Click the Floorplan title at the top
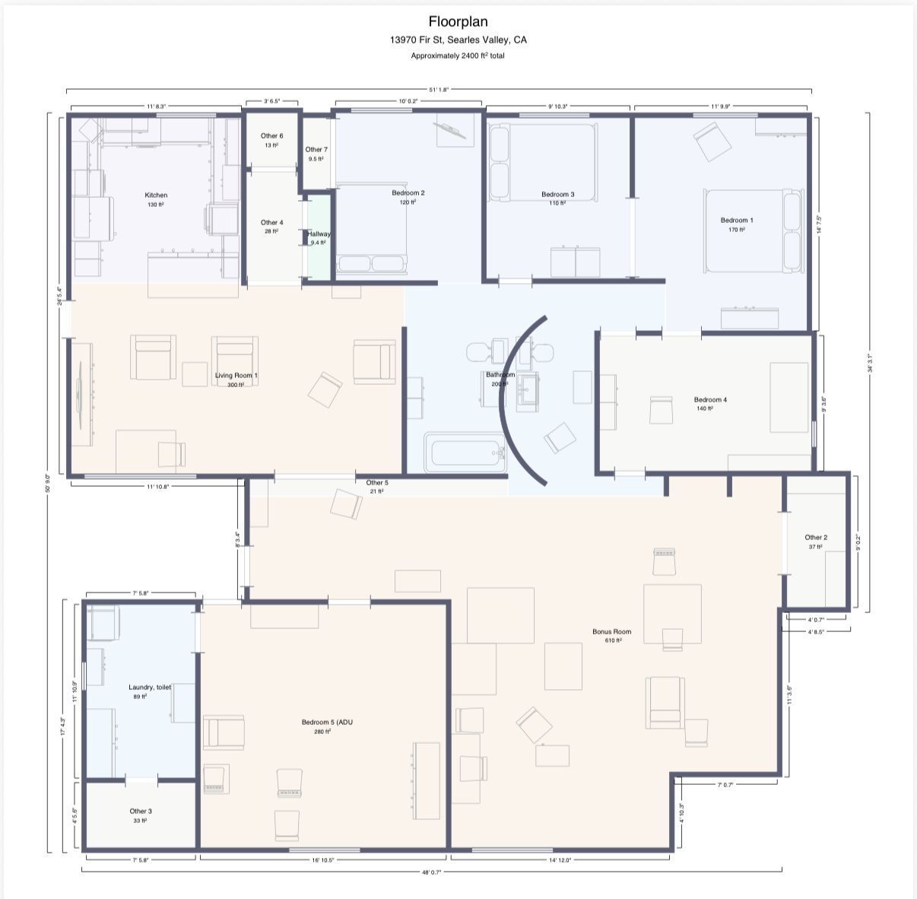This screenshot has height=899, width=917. click(x=458, y=21)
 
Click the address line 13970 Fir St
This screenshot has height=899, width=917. click(x=458, y=40)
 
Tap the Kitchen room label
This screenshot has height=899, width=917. click(x=156, y=195)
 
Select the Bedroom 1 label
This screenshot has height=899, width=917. click(x=737, y=221)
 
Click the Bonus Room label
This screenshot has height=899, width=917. click(x=612, y=631)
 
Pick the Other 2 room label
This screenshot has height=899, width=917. click(x=816, y=538)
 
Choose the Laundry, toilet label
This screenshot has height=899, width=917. click(x=150, y=687)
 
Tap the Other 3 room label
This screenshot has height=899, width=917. click(x=141, y=812)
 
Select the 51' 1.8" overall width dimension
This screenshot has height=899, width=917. click(x=439, y=90)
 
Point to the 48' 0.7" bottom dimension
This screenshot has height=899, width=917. click(x=430, y=872)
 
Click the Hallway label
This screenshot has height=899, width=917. click(x=319, y=234)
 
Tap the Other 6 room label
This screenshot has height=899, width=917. click(x=271, y=136)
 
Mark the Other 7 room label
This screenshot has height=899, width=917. click(x=316, y=150)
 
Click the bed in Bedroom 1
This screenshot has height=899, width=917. click(x=753, y=230)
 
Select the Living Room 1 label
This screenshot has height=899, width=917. click(x=236, y=376)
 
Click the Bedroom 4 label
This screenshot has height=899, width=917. click(x=710, y=400)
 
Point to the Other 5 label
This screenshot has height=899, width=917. click(x=376, y=483)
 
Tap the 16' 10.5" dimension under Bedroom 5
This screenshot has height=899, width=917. click(x=323, y=860)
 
